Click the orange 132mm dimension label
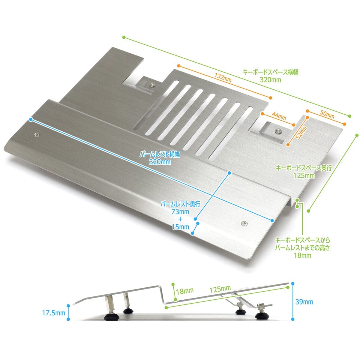223,78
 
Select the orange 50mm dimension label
327,114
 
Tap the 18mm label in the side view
185,291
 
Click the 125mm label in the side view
220,289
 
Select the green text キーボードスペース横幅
270,72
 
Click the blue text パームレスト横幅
160,154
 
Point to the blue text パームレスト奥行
180,204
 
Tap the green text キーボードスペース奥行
304,168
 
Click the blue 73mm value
181,212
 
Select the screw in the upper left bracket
152,85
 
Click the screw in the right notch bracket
279,131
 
